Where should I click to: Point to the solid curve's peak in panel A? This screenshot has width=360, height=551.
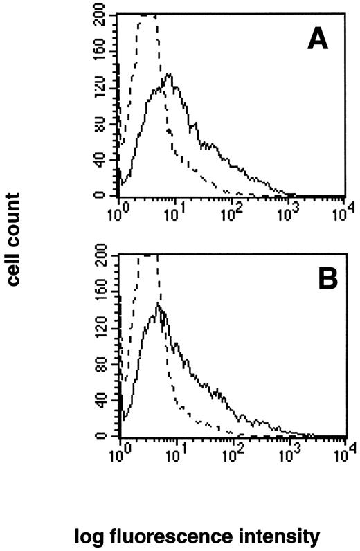point(168,73)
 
